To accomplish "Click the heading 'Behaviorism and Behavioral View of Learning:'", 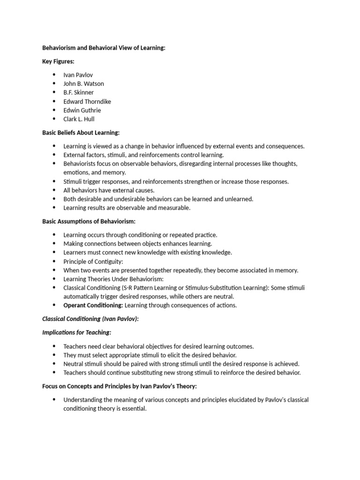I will point(104,48).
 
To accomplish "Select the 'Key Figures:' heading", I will point(59,61).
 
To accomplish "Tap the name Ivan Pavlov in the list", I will point(79,75).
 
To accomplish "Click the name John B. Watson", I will point(83,83).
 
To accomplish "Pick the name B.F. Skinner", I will point(78,92).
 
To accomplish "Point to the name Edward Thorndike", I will point(87,101).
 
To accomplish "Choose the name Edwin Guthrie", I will point(82,110).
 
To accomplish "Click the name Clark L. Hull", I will point(79,119).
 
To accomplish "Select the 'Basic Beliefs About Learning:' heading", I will point(81,133).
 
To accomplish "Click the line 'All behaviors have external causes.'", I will point(109,190).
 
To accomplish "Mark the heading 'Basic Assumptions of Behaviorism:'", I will point(89,221).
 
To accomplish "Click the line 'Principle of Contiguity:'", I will point(93,261).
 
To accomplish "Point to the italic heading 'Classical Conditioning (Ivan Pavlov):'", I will point(90,319).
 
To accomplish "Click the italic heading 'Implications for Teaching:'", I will point(77,332).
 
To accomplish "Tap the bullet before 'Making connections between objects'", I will point(54,244).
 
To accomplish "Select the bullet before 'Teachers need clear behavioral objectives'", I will point(54,346).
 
